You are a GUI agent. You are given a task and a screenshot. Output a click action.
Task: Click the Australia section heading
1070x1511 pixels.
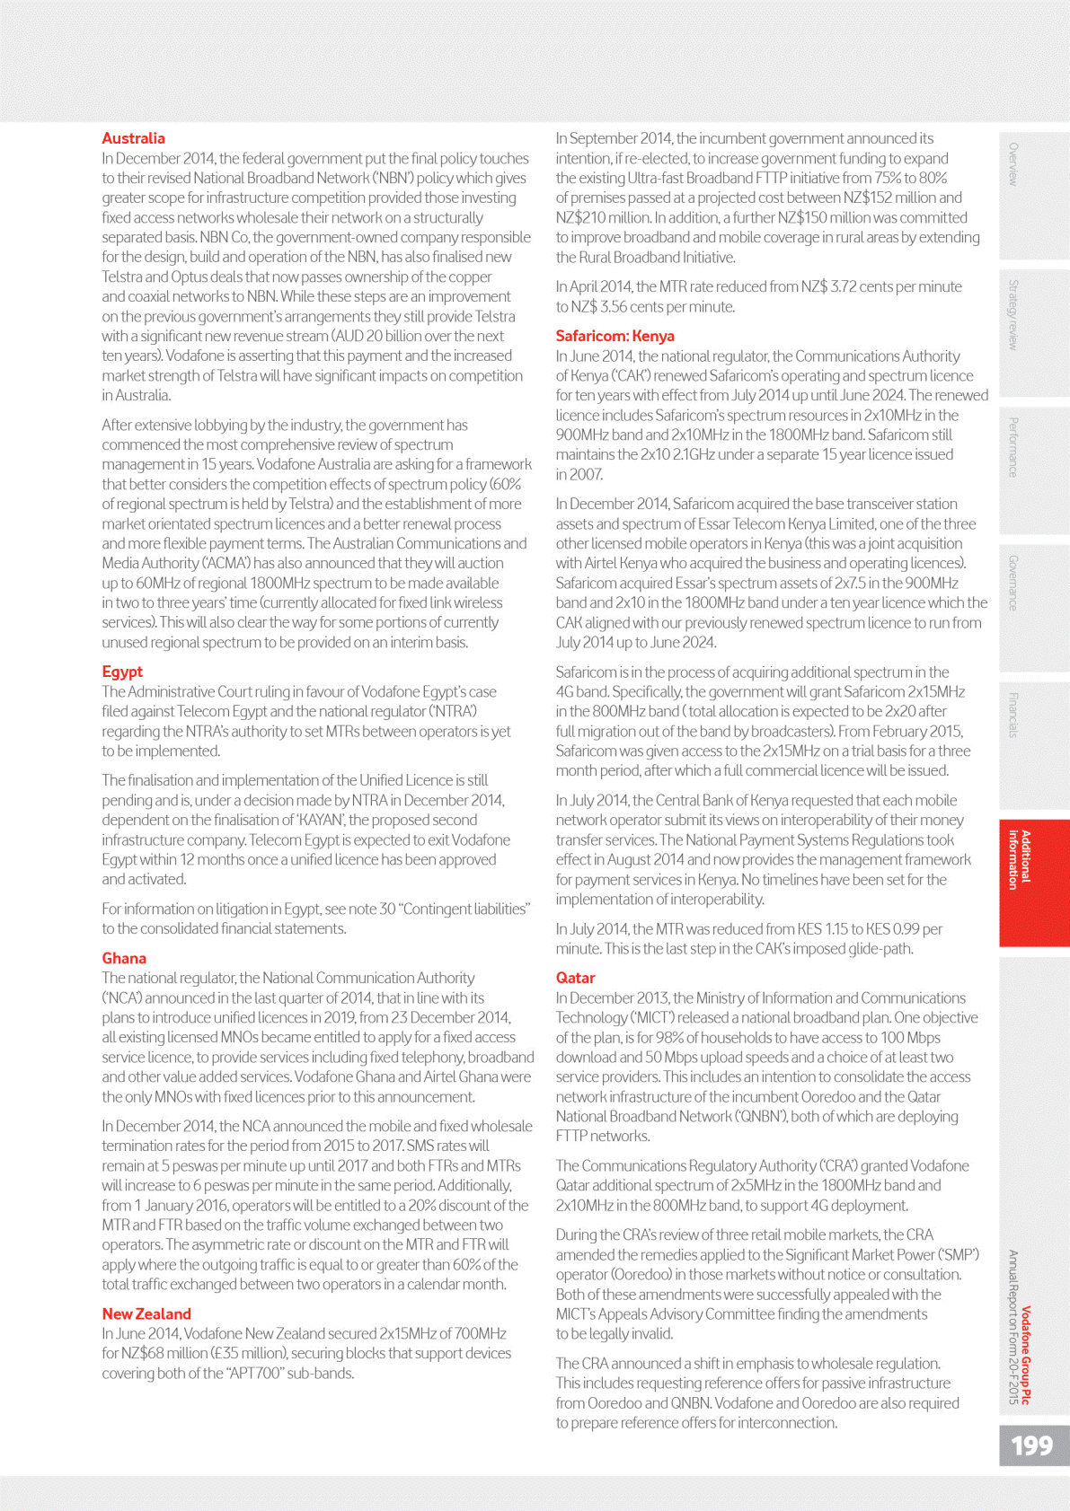pyautogui.click(x=133, y=138)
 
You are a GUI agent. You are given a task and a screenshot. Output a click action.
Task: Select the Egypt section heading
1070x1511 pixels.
pyautogui.click(x=122, y=672)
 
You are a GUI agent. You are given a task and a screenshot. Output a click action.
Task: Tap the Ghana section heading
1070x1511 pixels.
pyautogui.click(x=124, y=958)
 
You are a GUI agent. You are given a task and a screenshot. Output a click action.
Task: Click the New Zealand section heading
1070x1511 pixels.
pyautogui.click(x=146, y=1313)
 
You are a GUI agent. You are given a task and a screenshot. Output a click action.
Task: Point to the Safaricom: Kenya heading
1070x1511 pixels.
pyautogui.click(x=615, y=336)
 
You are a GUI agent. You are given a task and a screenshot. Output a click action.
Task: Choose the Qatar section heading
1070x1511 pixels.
pyautogui.click(x=575, y=978)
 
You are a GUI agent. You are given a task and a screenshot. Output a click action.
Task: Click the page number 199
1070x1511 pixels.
pyautogui.click(x=1031, y=1445)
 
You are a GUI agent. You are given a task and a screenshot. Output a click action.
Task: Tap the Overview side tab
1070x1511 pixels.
pyautogui.click(x=1013, y=164)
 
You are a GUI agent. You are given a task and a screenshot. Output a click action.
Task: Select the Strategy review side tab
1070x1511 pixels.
pyautogui.click(x=1013, y=315)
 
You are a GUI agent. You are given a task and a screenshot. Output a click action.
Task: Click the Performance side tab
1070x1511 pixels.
pyautogui.click(x=1013, y=447)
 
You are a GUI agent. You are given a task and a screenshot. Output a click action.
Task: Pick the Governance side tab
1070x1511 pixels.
pyautogui.click(x=1013, y=583)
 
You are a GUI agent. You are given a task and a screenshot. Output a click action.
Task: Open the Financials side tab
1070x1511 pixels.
pyautogui.click(x=1013, y=716)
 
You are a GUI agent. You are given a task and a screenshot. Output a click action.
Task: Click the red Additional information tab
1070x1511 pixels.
pyautogui.click(x=1019, y=859)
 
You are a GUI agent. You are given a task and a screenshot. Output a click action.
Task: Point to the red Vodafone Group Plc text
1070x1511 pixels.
pyautogui.click(x=1026, y=1355)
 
